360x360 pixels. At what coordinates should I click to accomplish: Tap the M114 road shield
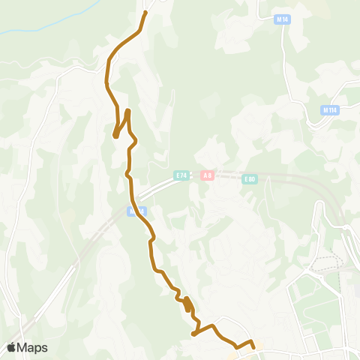[328, 110]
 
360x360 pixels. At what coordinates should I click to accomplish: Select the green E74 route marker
[180, 175]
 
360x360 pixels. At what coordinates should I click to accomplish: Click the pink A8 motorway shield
[206, 175]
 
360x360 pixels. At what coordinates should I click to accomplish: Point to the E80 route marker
[250, 179]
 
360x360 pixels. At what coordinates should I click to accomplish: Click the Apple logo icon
[11, 347]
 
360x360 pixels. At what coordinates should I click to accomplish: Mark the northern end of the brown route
[145, 12]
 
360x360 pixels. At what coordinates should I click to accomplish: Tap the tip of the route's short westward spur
[193, 334]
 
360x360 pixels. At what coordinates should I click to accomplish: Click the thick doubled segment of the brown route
[187, 304]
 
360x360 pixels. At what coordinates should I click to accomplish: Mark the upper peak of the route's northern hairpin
[128, 111]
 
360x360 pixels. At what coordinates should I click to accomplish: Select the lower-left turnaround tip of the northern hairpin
[115, 136]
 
